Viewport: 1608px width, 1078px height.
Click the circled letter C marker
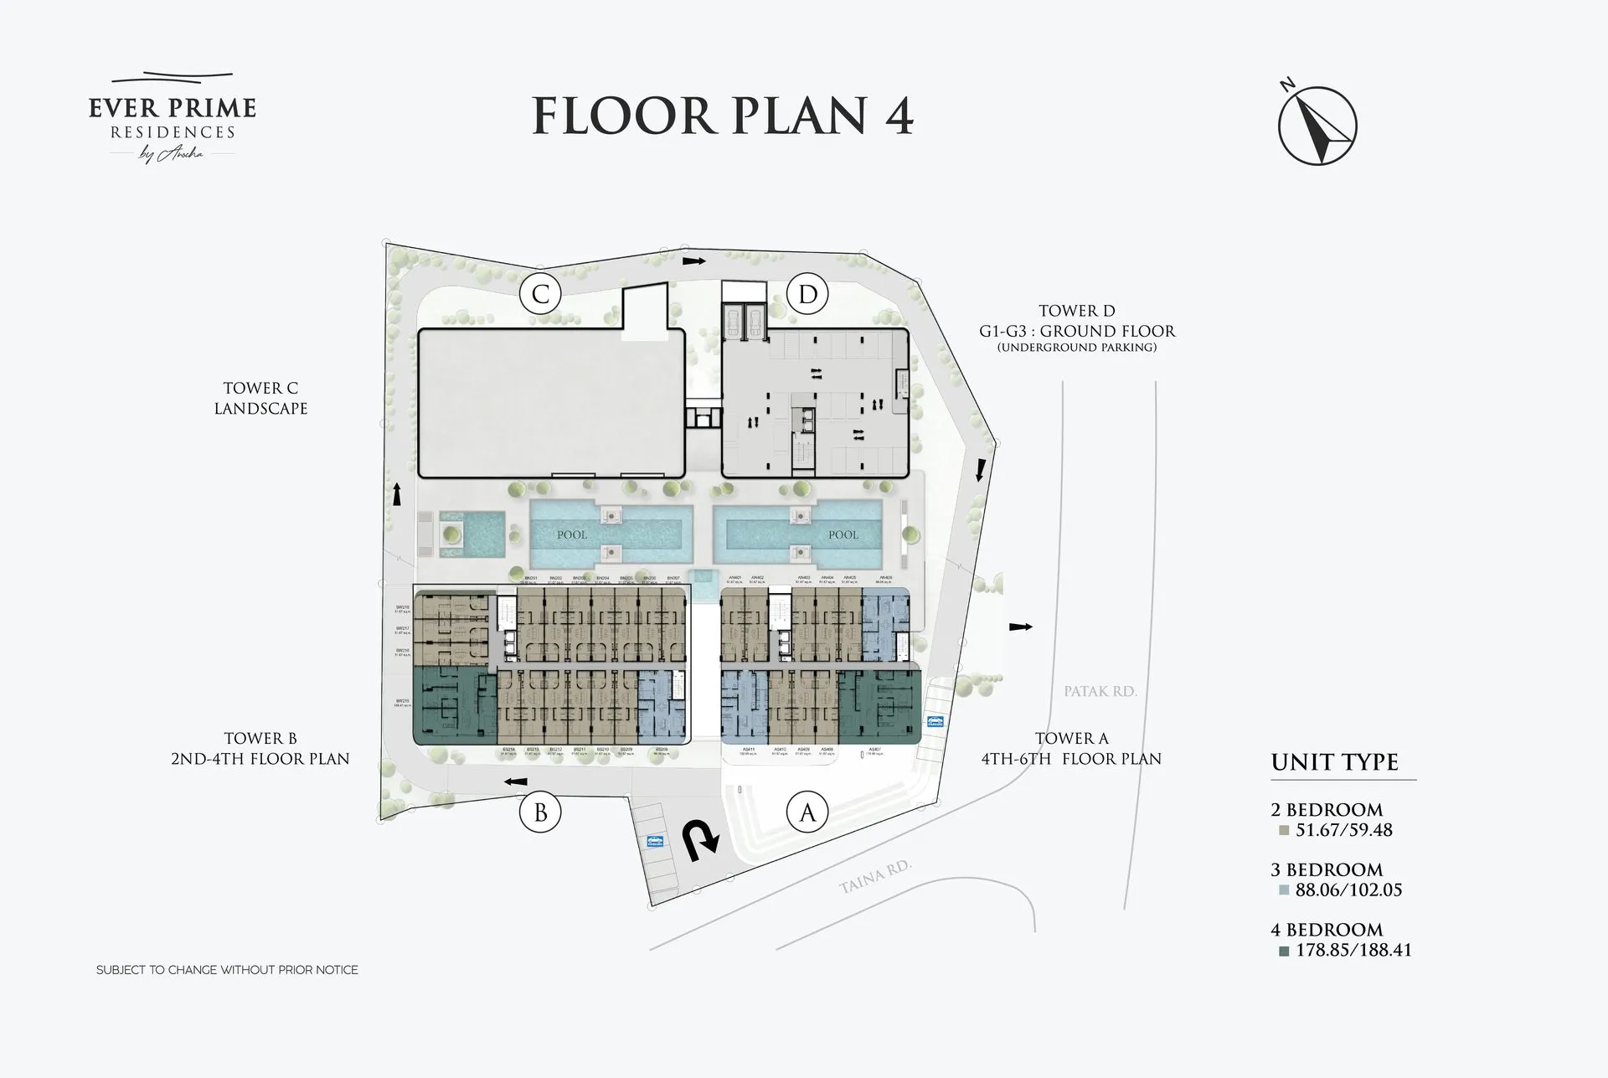pyautogui.click(x=540, y=294)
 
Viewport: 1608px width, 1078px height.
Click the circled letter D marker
pyautogui.click(x=807, y=294)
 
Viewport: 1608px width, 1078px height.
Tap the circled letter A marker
pyautogui.click(x=807, y=812)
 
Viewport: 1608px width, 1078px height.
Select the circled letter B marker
pyautogui.click(x=540, y=812)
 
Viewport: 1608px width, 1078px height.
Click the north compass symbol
pyautogui.click(x=1317, y=126)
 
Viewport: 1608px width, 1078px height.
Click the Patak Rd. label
pyautogui.click(x=1100, y=691)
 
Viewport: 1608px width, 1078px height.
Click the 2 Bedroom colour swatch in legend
pyautogui.click(x=1283, y=831)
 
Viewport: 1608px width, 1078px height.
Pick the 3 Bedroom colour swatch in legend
pyautogui.click(x=1283, y=890)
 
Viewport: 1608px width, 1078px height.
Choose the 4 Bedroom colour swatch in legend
pyautogui.click(x=1283, y=951)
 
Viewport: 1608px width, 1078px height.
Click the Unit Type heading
pyautogui.click(x=1334, y=762)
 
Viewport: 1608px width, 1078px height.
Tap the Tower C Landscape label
pyautogui.click(x=260, y=399)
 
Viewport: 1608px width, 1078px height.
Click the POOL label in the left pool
pyautogui.click(x=572, y=534)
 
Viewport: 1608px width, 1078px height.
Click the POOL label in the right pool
pyautogui.click(x=843, y=534)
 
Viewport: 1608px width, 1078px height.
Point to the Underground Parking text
pyautogui.click(x=1076, y=347)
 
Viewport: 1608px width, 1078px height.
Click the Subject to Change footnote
pyautogui.click(x=227, y=970)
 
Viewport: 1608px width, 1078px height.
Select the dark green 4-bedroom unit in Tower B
pyautogui.click(x=452, y=705)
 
